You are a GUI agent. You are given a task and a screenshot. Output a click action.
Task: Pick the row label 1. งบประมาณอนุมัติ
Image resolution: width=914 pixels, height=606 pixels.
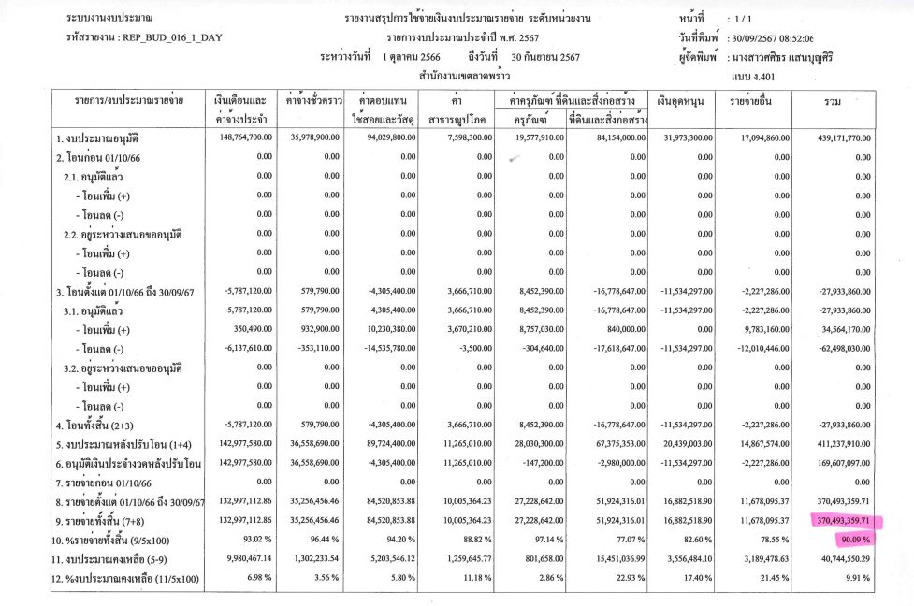tap(98, 138)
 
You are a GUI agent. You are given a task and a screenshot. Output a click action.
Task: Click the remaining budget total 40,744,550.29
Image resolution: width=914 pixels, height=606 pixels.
tap(839, 558)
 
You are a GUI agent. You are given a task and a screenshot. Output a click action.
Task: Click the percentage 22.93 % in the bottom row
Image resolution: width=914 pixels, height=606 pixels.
tap(627, 578)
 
